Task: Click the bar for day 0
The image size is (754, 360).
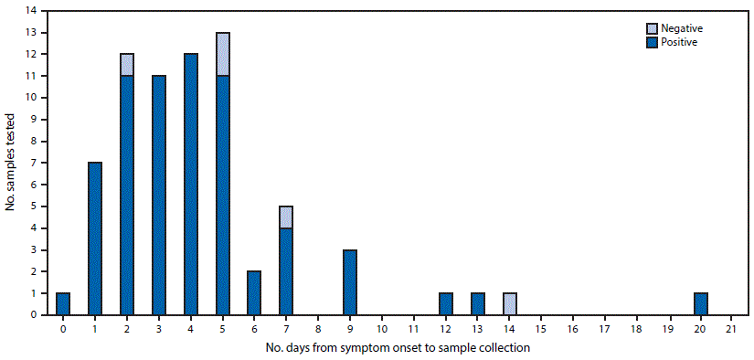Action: (63, 303)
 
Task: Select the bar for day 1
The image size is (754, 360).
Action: (95, 238)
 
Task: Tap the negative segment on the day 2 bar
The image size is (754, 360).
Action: (127, 64)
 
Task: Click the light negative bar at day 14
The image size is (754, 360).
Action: (509, 303)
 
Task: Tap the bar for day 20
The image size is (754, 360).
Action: (700, 303)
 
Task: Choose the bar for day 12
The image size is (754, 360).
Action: (446, 303)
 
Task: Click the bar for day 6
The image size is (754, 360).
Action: (254, 292)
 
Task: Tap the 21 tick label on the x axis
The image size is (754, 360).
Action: (731, 328)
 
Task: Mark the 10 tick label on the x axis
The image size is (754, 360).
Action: (382, 328)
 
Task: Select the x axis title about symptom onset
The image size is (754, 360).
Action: (397, 348)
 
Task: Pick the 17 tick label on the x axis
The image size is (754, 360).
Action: (604, 328)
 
